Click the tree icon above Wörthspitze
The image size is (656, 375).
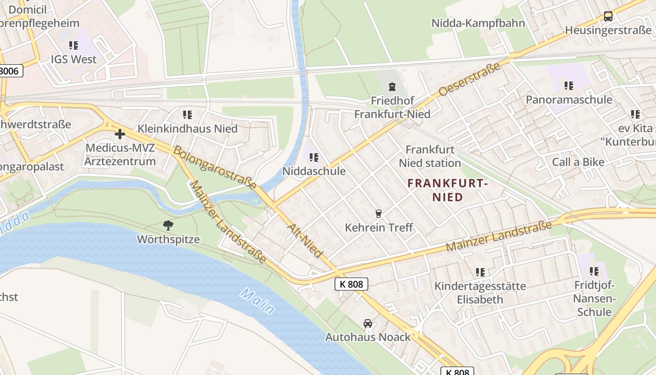click(x=168, y=225)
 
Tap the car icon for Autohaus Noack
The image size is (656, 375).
click(x=368, y=323)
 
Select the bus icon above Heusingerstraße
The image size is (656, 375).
click(x=608, y=16)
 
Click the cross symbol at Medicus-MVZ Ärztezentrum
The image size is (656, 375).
click(x=120, y=134)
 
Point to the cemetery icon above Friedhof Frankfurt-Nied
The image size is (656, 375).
click(x=392, y=86)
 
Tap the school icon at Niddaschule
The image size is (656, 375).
click(x=314, y=157)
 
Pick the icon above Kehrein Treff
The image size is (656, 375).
click(x=379, y=214)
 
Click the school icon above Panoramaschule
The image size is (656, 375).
click(x=569, y=85)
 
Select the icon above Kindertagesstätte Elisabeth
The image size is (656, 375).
click(x=480, y=272)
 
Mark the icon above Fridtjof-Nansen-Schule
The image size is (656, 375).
click(x=594, y=271)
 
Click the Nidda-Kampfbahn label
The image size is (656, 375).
click(x=478, y=23)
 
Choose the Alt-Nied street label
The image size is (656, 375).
click(x=305, y=240)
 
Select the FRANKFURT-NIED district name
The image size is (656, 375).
click(x=447, y=190)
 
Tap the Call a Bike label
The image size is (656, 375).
click(x=578, y=162)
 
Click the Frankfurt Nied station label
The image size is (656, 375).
click(x=430, y=156)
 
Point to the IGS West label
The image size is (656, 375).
click(x=74, y=60)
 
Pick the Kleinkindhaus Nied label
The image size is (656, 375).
click(x=187, y=128)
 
